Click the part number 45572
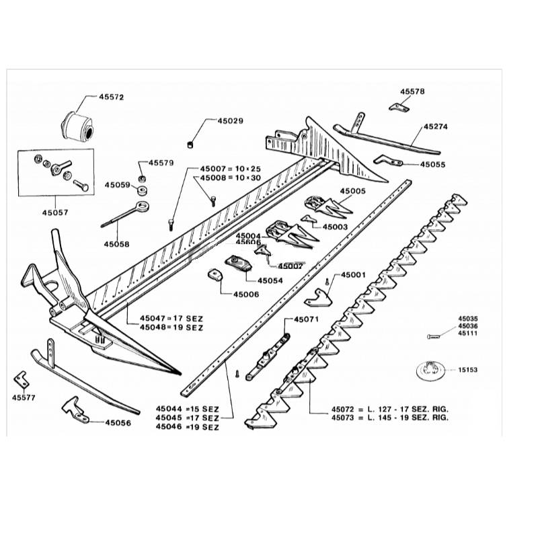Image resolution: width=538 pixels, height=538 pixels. click(x=112, y=97)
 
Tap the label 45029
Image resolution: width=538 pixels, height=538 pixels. click(x=230, y=121)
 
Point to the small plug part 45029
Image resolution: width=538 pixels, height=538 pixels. click(x=190, y=143)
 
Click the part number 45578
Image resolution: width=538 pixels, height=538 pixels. click(x=412, y=91)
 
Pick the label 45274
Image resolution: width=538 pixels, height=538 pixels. click(x=435, y=126)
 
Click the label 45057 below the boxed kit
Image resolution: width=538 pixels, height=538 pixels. click(x=55, y=212)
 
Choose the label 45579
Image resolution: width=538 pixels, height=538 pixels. click(x=161, y=163)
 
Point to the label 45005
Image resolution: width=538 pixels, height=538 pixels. click(x=352, y=191)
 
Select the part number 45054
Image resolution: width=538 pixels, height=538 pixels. click(x=270, y=279)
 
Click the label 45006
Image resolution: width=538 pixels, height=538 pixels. click(x=246, y=294)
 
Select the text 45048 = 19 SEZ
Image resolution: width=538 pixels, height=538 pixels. click(x=171, y=327)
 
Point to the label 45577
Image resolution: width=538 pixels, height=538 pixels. click(x=24, y=397)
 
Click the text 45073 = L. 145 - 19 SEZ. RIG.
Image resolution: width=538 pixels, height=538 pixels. click(x=390, y=418)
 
